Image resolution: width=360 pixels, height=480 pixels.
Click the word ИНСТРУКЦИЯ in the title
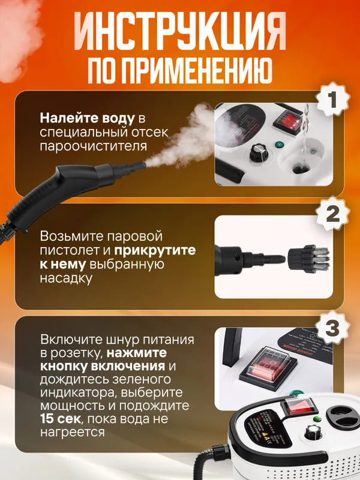click(x=179, y=34)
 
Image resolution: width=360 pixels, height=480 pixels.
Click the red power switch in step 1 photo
click(x=286, y=122)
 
